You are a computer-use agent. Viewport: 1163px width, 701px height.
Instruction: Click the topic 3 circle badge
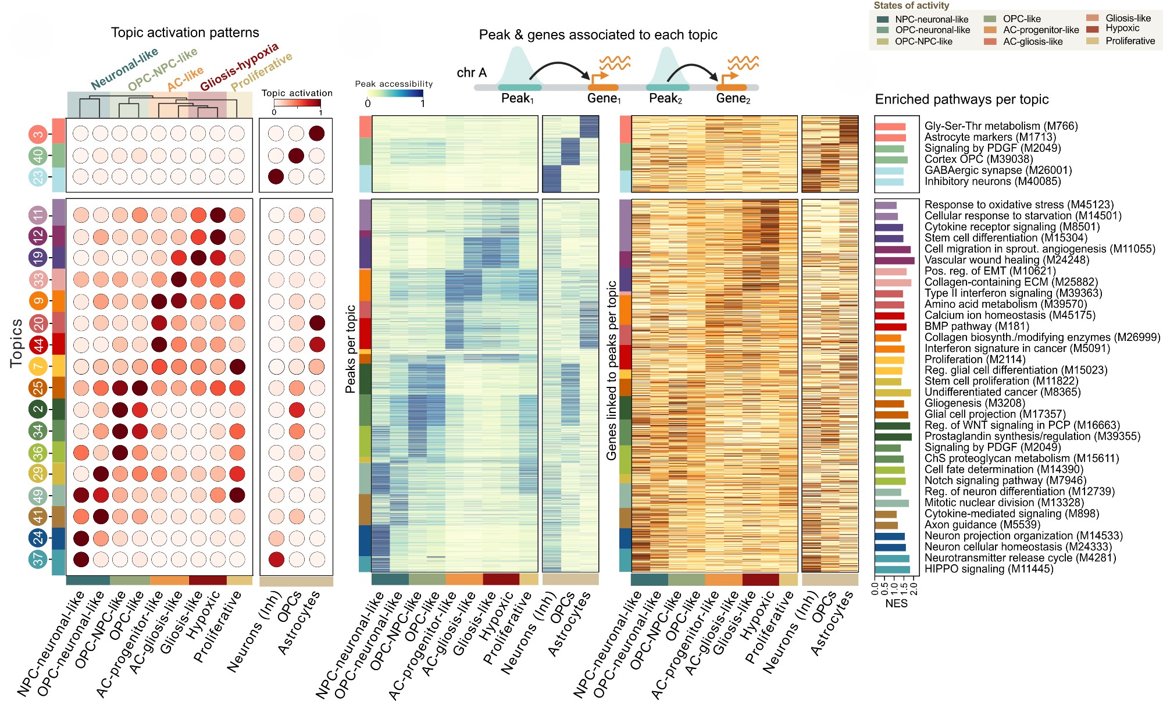[x=38, y=134]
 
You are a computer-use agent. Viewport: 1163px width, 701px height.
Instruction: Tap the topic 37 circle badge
[x=38, y=560]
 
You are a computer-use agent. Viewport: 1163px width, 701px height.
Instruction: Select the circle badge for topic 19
[x=38, y=257]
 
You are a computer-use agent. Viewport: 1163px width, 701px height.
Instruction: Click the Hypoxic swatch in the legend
[x=1093, y=29]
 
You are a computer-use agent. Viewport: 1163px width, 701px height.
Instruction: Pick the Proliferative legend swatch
[x=1093, y=41]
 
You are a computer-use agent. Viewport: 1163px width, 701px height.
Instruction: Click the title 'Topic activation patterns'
[x=185, y=33]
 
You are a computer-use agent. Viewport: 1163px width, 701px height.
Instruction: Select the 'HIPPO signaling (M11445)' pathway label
[x=989, y=569]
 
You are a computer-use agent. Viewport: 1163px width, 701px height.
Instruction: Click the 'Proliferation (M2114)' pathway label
[x=970, y=359]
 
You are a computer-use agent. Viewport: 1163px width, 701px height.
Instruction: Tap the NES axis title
[x=896, y=603]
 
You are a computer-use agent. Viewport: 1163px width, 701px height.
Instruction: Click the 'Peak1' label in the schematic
[x=518, y=98]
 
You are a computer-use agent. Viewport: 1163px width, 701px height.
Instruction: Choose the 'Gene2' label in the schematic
[x=733, y=98]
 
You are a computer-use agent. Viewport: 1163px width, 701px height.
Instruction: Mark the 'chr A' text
[x=472, y=73]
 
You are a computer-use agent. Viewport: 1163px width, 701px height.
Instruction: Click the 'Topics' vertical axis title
[x=16, y=343]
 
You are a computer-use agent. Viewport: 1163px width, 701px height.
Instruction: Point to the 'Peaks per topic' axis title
[x=351, y=349]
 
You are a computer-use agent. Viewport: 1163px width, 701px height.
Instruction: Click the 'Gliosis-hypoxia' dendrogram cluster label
[x=240, y=67]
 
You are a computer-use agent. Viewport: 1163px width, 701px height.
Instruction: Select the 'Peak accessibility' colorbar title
[x=394, y=84]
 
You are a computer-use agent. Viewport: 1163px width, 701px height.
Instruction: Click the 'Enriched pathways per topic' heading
[x=962, y=99]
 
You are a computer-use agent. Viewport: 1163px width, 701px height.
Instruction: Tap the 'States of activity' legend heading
[x=911, y=6]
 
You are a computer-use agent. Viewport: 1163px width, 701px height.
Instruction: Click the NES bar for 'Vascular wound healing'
[x=894, y=261]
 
